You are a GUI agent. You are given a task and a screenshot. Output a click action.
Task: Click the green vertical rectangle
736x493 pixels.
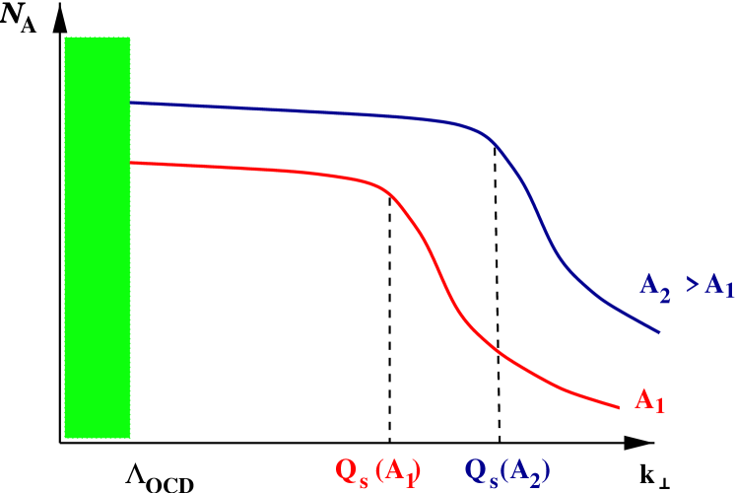pos(97,238)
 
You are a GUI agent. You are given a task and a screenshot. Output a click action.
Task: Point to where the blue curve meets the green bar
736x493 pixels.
pos(131,103)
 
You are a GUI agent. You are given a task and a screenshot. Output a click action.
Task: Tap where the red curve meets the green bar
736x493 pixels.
pos(131,163)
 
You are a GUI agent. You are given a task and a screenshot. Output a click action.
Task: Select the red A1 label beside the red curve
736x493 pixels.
pos(649,400)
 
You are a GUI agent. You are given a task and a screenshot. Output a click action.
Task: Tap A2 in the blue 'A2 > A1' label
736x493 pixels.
pos(656,287)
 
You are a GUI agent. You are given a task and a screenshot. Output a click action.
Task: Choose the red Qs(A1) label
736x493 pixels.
pos(378,471)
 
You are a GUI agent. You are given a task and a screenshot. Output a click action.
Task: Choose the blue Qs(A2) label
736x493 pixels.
pos(506,471)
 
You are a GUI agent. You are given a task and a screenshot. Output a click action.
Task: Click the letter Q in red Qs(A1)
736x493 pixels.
pos(347,469)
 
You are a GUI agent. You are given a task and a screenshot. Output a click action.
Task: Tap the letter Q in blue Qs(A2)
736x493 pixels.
pos(475,469)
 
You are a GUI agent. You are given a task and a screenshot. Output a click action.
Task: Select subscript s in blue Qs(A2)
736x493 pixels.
pos(493,477)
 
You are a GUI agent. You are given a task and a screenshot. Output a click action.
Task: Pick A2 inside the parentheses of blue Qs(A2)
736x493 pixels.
pos(524,471)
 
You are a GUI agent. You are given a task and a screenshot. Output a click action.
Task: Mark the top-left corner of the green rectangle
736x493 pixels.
pos(65,37)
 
